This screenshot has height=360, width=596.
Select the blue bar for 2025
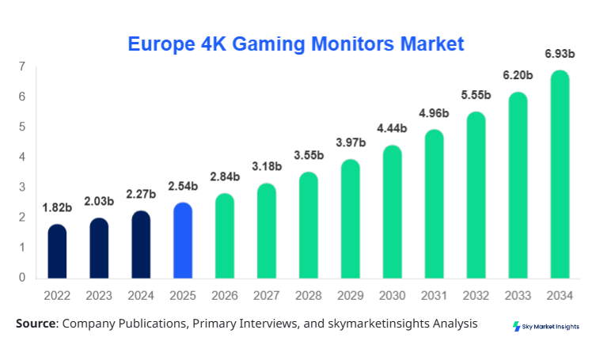(183, 241)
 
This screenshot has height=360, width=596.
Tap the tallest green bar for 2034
(560, 174)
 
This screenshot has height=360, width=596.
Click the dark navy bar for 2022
(57, 252)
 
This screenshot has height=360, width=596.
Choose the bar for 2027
(267, 231)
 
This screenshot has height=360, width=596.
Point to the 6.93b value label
(560, 53)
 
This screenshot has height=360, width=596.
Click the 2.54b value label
(183, 188)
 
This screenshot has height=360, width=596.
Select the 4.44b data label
(392, 129)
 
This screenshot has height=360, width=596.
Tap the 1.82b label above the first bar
(57, 208)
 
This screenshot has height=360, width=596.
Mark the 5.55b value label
(476, 96)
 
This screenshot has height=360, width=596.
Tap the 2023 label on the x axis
(99, 296)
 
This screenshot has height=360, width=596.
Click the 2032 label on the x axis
(476, 296)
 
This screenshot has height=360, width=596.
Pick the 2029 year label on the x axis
(351, 296)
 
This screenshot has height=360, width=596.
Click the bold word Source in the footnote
(35, 324)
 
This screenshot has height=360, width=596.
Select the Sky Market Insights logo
(546, 326)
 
